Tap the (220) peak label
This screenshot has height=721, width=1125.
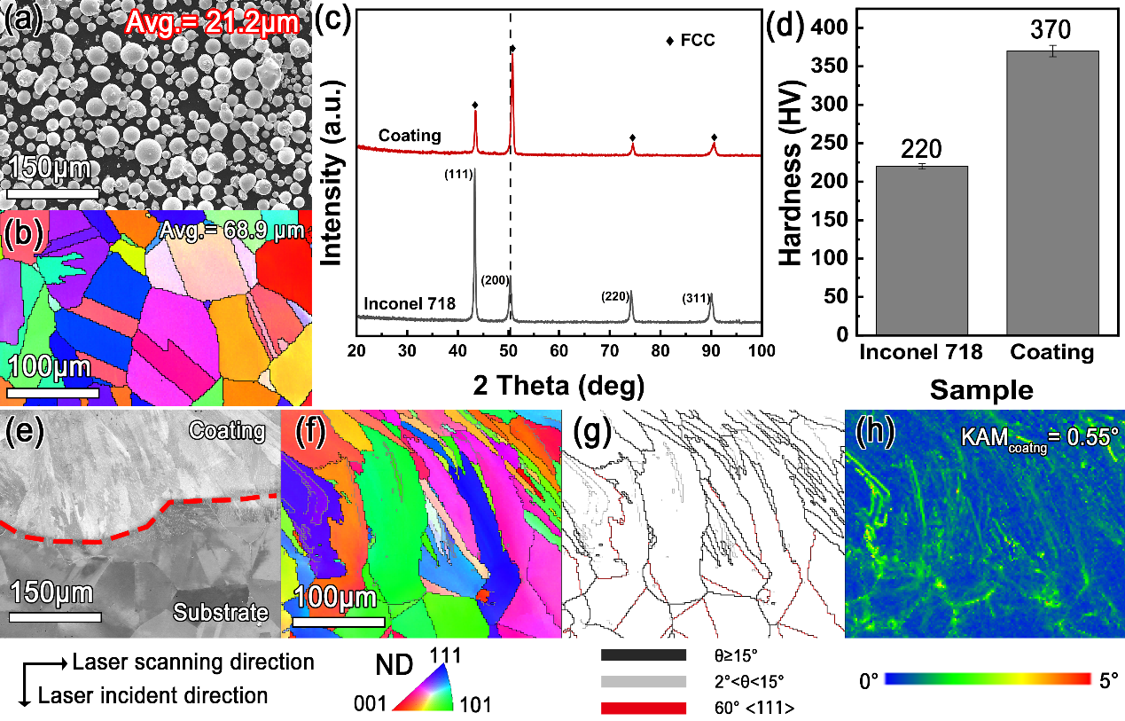618,295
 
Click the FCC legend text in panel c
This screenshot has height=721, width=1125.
698,40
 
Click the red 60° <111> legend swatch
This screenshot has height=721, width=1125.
644,708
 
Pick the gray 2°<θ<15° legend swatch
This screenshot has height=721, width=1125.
644,681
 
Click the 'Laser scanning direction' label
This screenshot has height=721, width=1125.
193,662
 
